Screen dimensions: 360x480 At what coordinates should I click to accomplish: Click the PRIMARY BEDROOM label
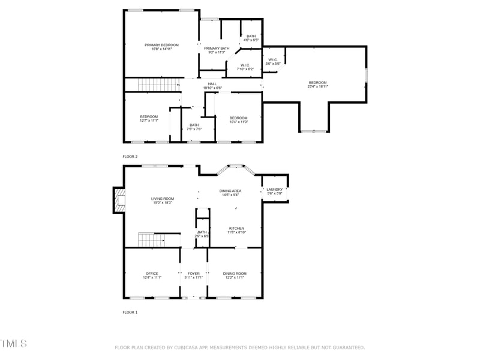pyautogui.click(x=162, y=45)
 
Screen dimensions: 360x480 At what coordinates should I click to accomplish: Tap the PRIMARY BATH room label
pyautogui.click(x=216, y=49)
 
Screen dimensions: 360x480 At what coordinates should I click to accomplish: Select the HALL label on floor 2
pyautogui.click(x=212, y=84)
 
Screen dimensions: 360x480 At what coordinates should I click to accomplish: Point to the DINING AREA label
pyautogui.click(x=231, y=191)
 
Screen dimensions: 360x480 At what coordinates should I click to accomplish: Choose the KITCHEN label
pyautogui.click(x=236, y=228)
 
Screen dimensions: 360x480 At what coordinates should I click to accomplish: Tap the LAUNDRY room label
pyautogui.click(x=275, y=190)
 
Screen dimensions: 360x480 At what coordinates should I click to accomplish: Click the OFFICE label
pyautogui.click(x=152, y=274)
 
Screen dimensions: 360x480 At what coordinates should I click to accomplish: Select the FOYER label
pyautogui.click(x=194, y=274)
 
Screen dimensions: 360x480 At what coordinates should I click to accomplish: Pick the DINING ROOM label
pyautogui.click(x=235, y=274)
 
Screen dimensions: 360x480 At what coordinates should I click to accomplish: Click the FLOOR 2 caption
pyautogui.click(x=130, y=157)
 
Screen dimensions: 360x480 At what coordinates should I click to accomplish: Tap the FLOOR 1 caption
pyautogui.click(x=130, y=313)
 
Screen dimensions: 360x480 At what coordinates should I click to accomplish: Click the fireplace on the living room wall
pyautogui.click(x=118, y=200)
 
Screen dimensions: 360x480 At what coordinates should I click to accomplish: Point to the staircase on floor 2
pyautogui.click(x=160, y=85)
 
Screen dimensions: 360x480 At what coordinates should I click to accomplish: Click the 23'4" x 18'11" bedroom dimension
pyautogui.click(x=318, y=86)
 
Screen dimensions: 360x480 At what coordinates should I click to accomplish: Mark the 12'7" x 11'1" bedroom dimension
pyautogui.click(x=149, y=121)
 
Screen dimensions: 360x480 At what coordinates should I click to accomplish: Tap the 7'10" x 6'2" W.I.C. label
pyautogui.click(x=245, y=69)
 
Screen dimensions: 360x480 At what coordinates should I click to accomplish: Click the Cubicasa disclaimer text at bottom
pyautogui.click(x=240, y=347)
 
